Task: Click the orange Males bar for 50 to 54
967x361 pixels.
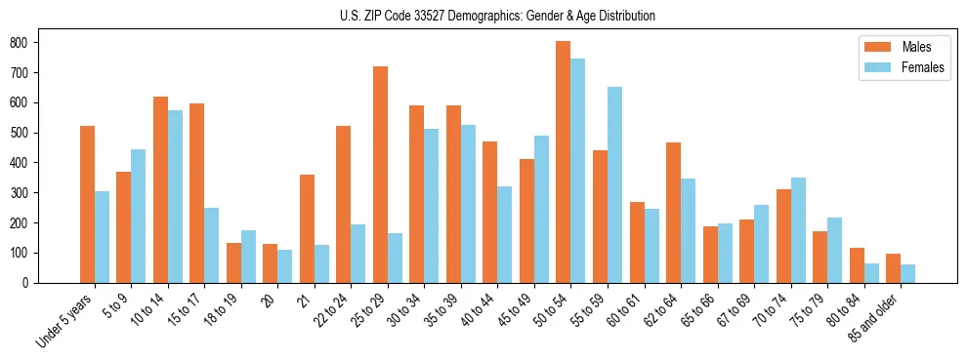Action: [x=564, y=162]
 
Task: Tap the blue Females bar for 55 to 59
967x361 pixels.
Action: [x=614, y=184]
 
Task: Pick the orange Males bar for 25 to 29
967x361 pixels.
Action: [x=380, y=175]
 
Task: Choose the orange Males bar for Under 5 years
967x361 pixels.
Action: [x=87, y=204]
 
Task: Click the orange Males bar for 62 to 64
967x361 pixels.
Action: [x=673, y=213]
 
